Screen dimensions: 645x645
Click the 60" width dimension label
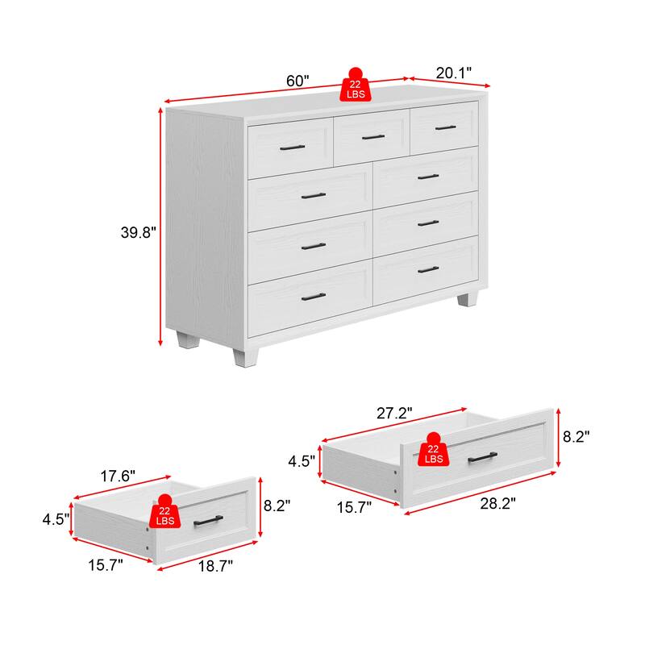298,81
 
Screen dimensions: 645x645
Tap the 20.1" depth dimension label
453,73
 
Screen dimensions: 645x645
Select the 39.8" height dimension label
138,232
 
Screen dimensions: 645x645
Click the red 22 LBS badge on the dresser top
355,85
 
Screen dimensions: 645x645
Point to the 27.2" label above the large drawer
394,413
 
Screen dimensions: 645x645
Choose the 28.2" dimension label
497,503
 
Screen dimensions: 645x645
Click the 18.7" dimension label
215,566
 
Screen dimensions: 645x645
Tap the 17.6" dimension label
118,476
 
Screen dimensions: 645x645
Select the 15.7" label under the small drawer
106,565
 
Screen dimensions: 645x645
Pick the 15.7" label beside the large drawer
354,507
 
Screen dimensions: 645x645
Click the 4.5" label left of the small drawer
56,519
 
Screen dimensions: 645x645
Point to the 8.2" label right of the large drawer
576,436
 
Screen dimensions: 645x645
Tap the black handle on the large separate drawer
482,457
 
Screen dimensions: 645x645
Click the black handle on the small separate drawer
208,520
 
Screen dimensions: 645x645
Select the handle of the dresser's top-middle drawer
373,137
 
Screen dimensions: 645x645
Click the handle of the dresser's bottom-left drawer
314,297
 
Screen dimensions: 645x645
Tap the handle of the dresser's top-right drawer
446,128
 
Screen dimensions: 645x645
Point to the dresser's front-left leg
246,357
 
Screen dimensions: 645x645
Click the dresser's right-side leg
468,299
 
